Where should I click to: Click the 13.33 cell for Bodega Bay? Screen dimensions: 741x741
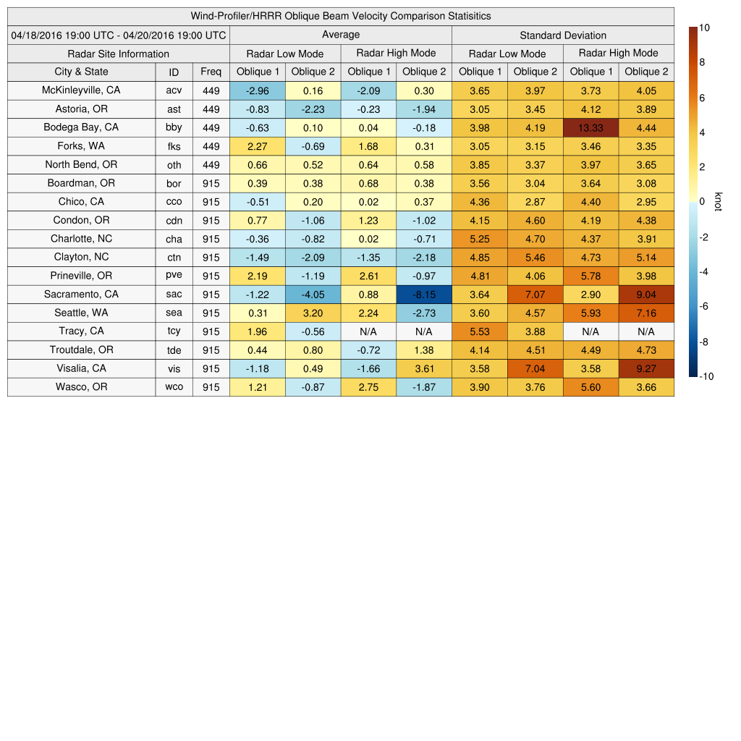(x=590, y=127)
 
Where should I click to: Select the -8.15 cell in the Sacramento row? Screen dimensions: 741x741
(x=424, y=295)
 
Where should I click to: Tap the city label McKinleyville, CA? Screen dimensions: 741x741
(x=81, y=90)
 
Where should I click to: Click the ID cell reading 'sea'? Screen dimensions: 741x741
(x=174, y=313)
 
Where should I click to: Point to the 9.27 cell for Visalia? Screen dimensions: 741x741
(x=646, y=368)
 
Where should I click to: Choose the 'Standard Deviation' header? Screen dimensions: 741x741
(x=563, y=35)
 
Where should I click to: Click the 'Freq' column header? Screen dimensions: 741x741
(x=211, y=72)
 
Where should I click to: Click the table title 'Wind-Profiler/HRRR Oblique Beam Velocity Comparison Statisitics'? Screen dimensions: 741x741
(x=341, y=16)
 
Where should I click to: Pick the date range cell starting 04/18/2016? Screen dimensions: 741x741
(x=119, y=35)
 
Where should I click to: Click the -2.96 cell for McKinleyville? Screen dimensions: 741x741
(x=258, y=90)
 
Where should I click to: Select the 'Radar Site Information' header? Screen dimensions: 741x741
(x=119, y=54)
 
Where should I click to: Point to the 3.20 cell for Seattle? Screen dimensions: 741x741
(x=313, y=313)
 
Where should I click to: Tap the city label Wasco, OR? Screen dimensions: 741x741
(x=81, y=387)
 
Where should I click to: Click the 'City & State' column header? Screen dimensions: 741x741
(x=81, y=72)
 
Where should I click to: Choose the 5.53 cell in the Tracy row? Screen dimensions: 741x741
(x=480, y=331)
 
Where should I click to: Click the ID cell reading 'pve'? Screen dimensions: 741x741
(x=174, y=276)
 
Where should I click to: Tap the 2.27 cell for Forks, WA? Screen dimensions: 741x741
(x=258, y=146)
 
